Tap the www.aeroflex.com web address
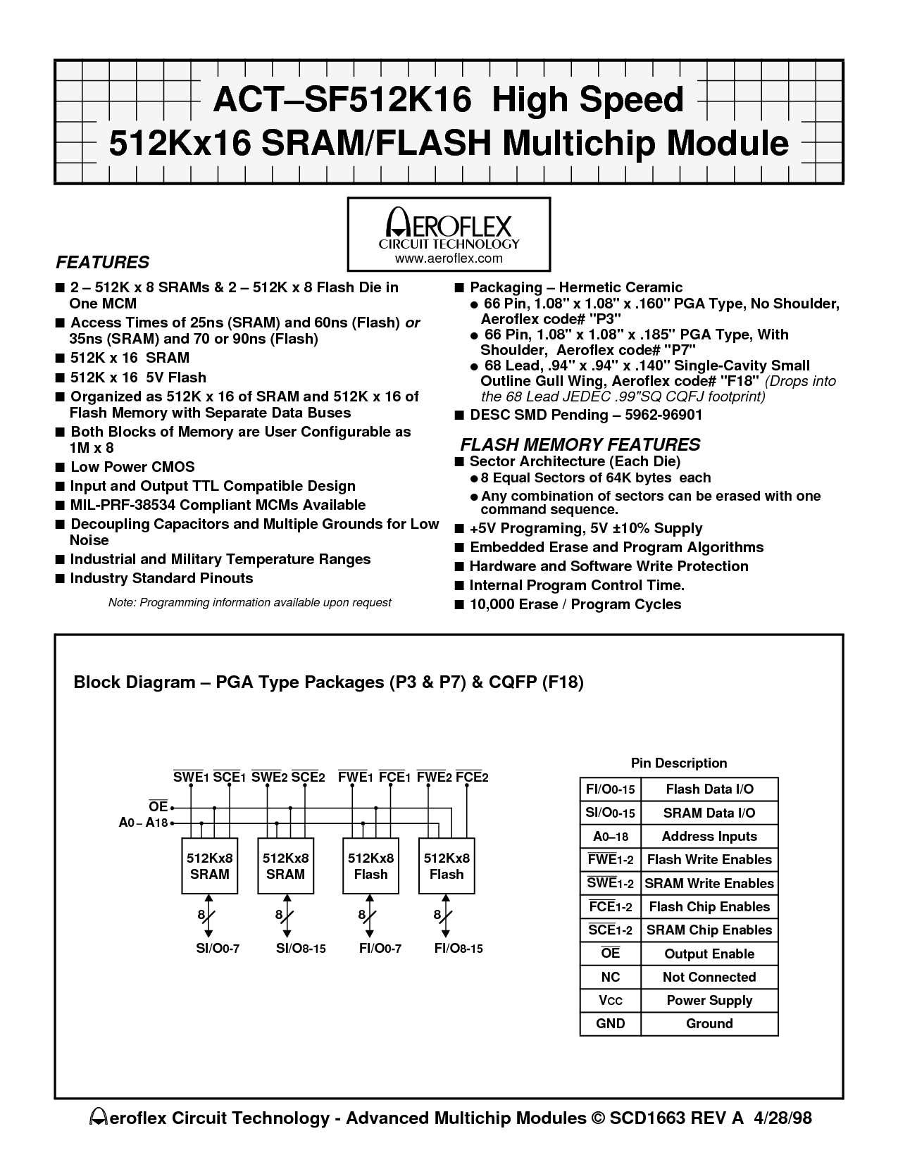coord(449,259)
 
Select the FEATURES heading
coord(102,263)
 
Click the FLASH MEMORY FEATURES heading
coord(580,445)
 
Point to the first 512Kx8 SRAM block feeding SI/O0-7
coord(210,866)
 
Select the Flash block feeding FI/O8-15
coord(447,866)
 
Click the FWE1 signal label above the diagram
coord(355,777)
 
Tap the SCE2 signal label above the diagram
coord(308,777)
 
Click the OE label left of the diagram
coord(158,806)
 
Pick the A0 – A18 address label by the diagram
coord(144,823)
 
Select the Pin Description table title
coord(679,763)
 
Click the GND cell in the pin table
coord(610,1023)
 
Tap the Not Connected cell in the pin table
coord(709,977)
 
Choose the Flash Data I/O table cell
coord(709,789)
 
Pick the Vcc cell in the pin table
coord(610,1001)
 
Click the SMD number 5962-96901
coord(663,415)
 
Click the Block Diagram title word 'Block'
coord(96,682)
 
